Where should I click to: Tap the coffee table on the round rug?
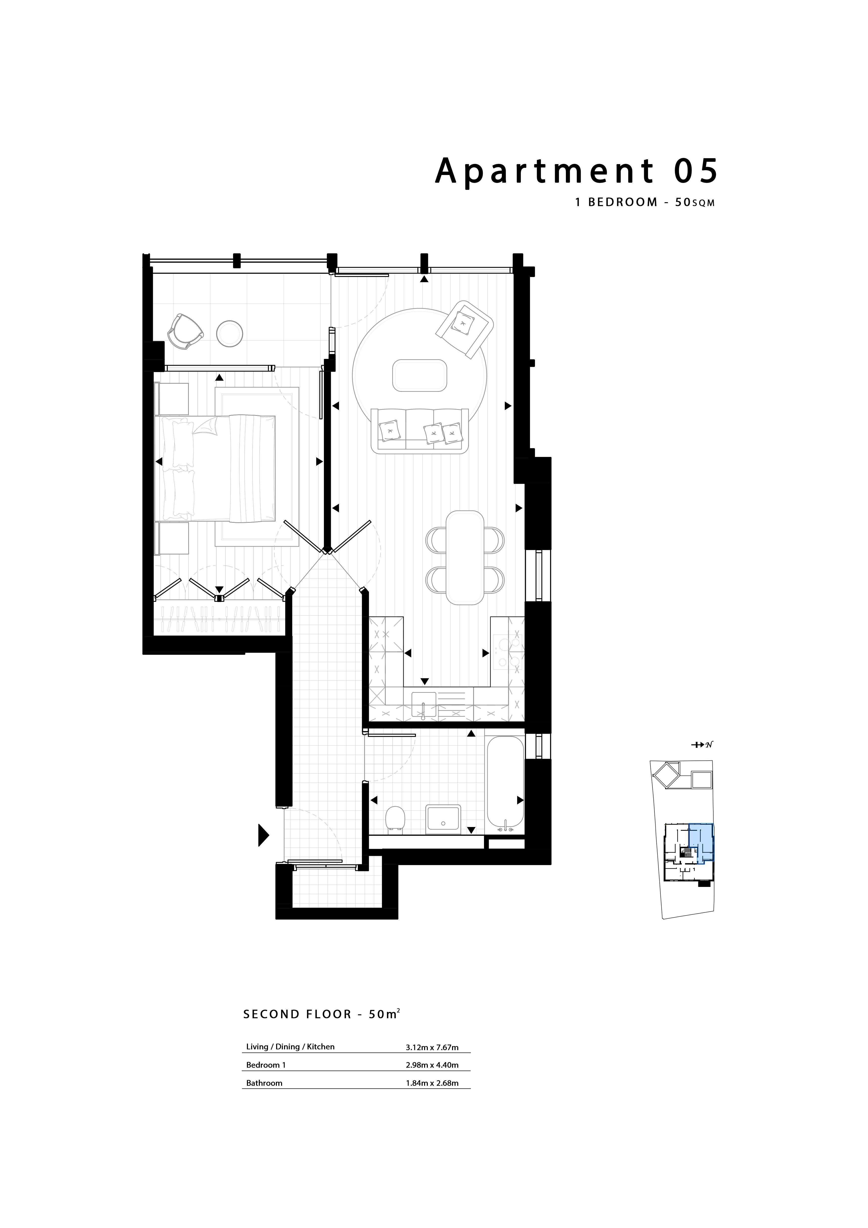tap(420, 376)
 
